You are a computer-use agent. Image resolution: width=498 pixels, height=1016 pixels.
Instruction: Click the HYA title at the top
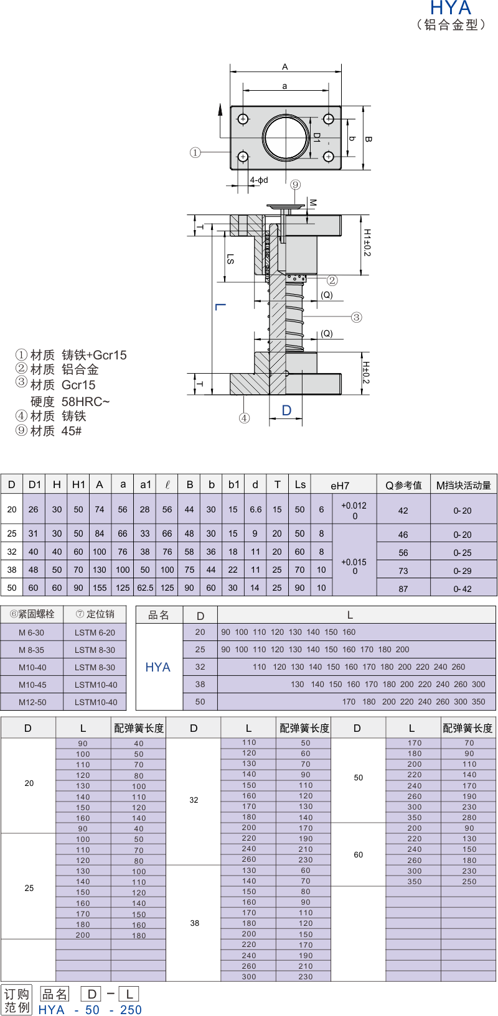(451, 7)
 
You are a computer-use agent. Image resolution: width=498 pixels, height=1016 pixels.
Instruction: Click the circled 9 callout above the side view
(296, 185)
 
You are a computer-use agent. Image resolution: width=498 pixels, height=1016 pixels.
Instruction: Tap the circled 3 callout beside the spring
(356, 318)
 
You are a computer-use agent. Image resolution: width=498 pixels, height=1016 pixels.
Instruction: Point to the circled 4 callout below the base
(245, 418)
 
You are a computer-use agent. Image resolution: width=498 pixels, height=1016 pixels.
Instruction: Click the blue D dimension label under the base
(286, 410)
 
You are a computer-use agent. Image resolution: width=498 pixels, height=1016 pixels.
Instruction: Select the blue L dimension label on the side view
(220, 307)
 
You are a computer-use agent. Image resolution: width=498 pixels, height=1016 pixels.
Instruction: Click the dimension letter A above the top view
(285, 67)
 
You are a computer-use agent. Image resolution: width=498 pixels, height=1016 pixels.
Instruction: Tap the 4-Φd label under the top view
(258, 180)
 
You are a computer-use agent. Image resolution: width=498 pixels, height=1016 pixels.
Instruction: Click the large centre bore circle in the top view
(286, 137)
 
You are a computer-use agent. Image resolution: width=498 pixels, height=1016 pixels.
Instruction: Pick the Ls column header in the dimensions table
(300, 484)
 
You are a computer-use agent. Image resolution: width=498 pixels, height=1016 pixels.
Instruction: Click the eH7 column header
(340, 485)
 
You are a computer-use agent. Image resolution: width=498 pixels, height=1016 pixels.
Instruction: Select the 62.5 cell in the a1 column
(145, 588)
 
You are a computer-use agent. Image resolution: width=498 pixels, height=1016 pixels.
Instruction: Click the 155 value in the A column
(100, 588)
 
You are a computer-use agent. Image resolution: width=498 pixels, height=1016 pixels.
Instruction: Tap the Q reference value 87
(403, 588)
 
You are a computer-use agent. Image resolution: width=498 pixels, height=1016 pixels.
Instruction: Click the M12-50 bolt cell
(32, 702)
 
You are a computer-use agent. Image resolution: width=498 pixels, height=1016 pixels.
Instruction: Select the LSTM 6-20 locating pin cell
(95, 632)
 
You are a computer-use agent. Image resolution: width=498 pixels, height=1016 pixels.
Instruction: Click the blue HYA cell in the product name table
(158, 667)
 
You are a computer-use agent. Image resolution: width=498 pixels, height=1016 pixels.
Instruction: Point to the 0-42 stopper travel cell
(463, 588)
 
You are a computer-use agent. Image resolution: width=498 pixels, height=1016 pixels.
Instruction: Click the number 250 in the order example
(131, 1009)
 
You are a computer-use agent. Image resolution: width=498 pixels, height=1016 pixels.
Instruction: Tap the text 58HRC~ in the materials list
(85, 402)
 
